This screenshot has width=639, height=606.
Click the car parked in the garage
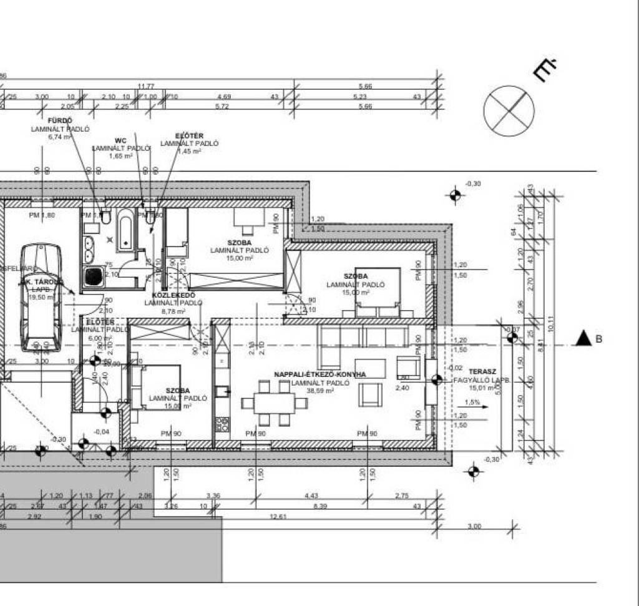pyautogui.click(x=41, y=296)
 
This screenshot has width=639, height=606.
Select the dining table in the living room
pyautogui.click(x=274, y=403)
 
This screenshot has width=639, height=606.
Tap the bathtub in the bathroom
pyautogui.click(x=125, y=230)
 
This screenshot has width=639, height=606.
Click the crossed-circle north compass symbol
pyautogui.click(x=509, y=110)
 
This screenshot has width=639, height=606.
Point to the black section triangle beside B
pyautogui.click(x=583, y=339)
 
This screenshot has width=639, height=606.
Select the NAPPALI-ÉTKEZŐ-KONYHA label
pyautogui.click(x=319, y=374)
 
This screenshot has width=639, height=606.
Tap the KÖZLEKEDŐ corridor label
pyautogui.click(x=173, y=295)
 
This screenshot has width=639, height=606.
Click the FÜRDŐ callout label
pyautogui.click(x=60, y=120)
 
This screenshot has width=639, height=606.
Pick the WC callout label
pyautogui.click(x=120, y=140)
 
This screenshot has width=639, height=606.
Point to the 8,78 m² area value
pyautogui.click(x=173, y=311)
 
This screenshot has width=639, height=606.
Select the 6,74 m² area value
pyautogui.click(x=60, y=137)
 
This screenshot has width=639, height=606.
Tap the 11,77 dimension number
pyautogui.click(x=146, y=86)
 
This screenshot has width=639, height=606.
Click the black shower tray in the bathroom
pyautogui.click(x=94, y=276)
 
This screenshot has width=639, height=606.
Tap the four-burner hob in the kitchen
pyautogui.click(x=222, y=425)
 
